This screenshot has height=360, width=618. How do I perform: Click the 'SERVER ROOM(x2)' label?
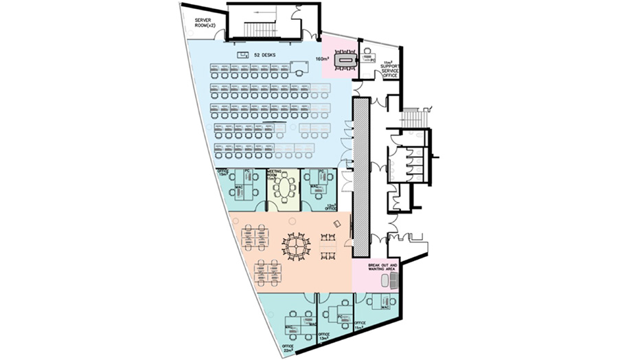(205, 23)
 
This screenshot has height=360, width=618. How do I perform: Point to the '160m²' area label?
(321, 59)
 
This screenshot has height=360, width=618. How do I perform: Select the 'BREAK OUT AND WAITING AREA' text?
(377, 266)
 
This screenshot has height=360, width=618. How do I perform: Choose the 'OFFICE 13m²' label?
(324, 336)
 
